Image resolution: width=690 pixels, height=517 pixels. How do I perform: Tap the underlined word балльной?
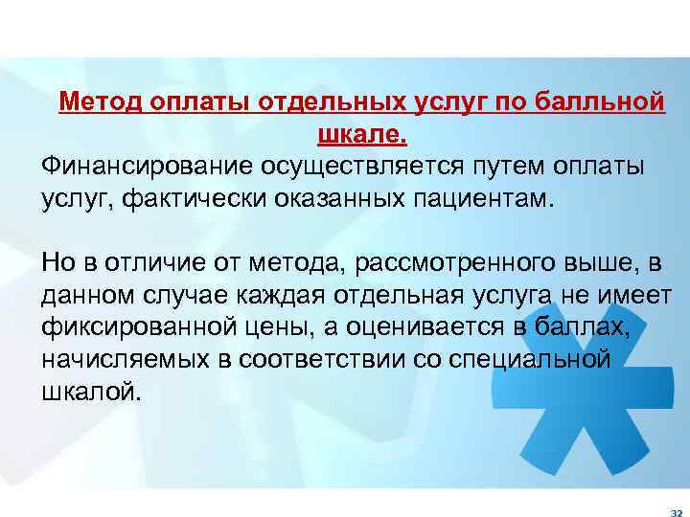click(x=608, y=101)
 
